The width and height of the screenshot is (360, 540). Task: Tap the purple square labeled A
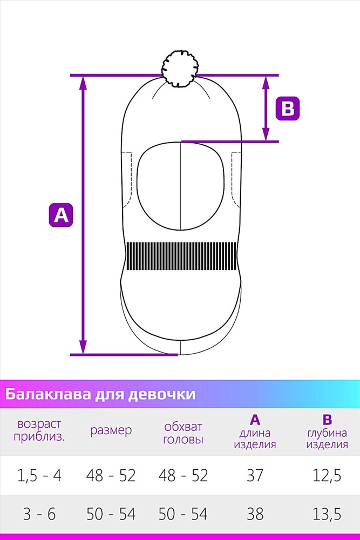point(61,215)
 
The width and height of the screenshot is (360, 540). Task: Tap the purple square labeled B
point(288,109)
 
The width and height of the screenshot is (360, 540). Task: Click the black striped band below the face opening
point(181,256)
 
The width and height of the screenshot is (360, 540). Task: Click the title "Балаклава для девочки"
point(100,394)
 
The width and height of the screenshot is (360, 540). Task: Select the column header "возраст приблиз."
point(39,430)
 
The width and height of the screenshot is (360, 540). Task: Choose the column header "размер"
point(111,430)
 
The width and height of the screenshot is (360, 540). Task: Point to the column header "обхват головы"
point(183,433)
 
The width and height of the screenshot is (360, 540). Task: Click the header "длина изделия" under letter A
point(255,438)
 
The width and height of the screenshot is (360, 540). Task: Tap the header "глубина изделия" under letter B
point(327,438)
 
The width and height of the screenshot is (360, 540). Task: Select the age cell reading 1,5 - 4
point(39,476)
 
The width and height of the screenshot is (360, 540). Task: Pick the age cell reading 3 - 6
point(39,514)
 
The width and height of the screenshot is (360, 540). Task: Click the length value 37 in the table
point(255,476)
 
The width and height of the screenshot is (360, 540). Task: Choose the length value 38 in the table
point(255,514)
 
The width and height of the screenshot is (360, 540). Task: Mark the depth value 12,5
point(327,476)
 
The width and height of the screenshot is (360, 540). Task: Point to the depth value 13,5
point(327,514)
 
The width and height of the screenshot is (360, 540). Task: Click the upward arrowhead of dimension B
point(266,82)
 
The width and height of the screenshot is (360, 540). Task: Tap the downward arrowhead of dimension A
point(83,347)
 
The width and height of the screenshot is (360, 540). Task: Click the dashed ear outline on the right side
point(236,179)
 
